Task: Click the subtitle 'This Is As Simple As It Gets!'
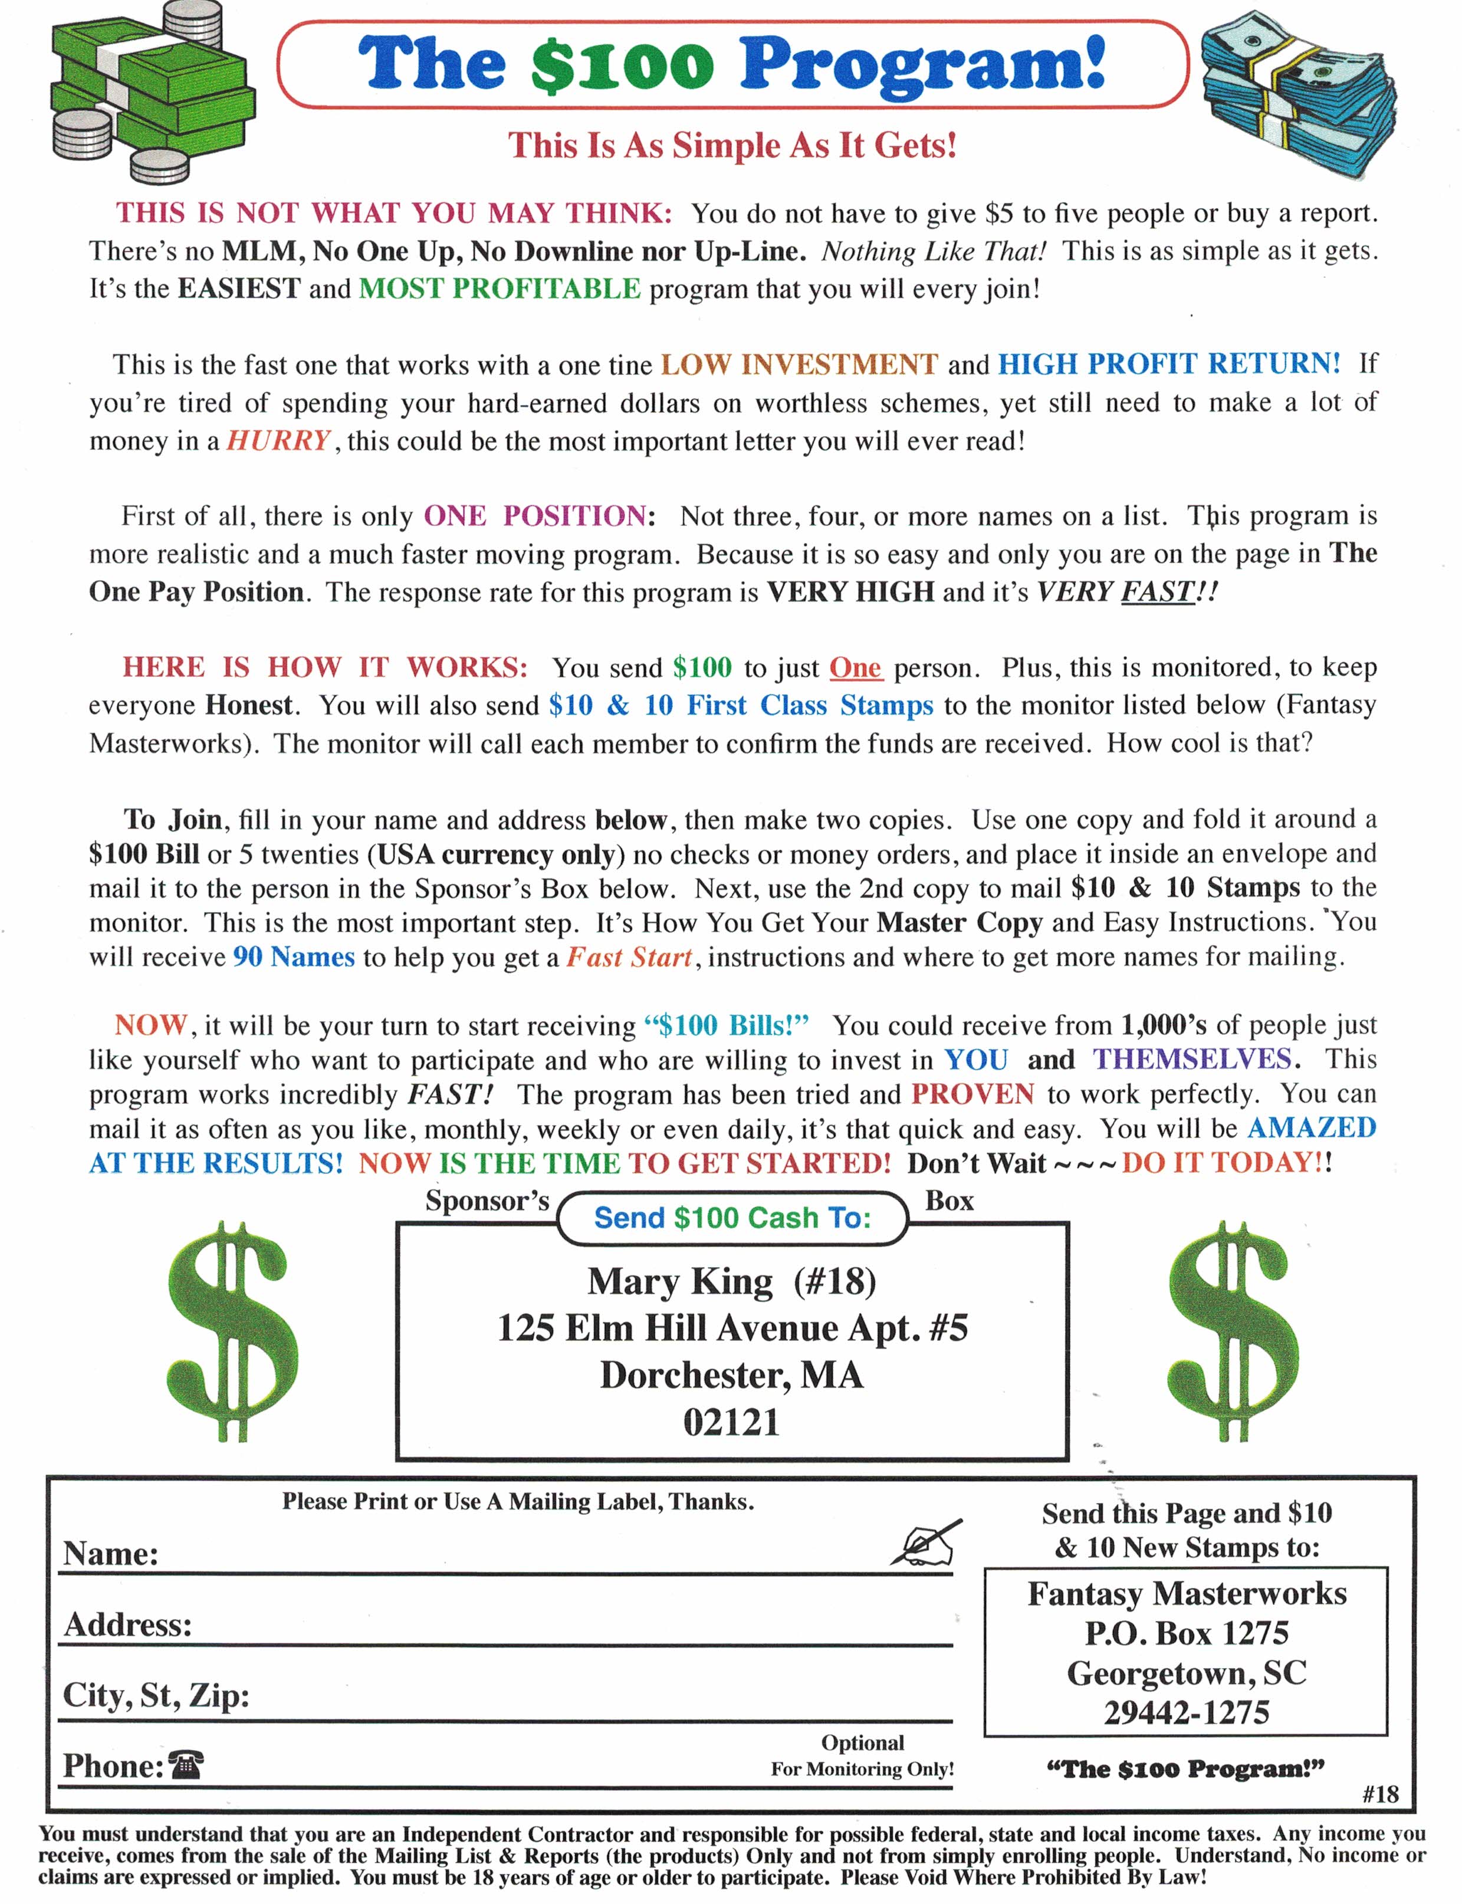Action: [x=732, y=145]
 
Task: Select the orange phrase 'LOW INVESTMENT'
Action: [x=799, y=364]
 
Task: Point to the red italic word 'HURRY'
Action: [x=278, y=440]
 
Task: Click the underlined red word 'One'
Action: [x=855, y=667]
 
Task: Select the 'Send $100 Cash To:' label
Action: [x=732, y=1218]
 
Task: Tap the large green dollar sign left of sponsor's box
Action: [x=232, y=1331]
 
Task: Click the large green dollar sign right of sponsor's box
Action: [x=1231, y=1331]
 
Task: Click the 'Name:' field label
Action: [x=110, y=1553]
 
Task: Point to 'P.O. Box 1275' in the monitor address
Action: [x=1186, y=1633]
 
